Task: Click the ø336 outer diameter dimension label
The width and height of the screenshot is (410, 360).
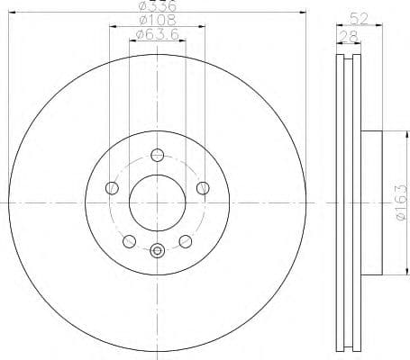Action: [x=157, y=5]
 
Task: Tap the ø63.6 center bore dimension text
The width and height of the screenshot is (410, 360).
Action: [x=157, y=35]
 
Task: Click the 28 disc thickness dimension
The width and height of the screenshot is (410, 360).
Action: [x=346, y=35]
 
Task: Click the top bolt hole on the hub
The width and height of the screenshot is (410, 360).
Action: [x=158, y=153]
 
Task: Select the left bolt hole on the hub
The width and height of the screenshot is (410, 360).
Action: [x=112, y=187]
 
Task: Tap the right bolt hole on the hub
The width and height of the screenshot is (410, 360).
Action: [x=203, y=187]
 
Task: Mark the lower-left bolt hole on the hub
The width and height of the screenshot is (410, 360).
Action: [x=130, y=240]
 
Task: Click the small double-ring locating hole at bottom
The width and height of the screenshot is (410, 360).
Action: [x=158, y=251]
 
